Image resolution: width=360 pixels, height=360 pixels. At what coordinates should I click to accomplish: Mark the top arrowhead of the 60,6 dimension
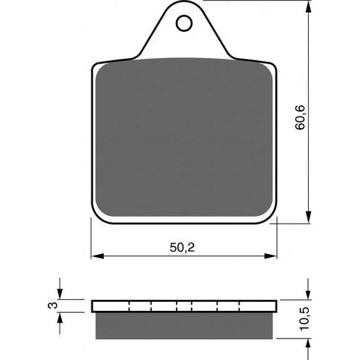tap(307, 9)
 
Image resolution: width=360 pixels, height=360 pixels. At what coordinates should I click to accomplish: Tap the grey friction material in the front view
tap(183, 138)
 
